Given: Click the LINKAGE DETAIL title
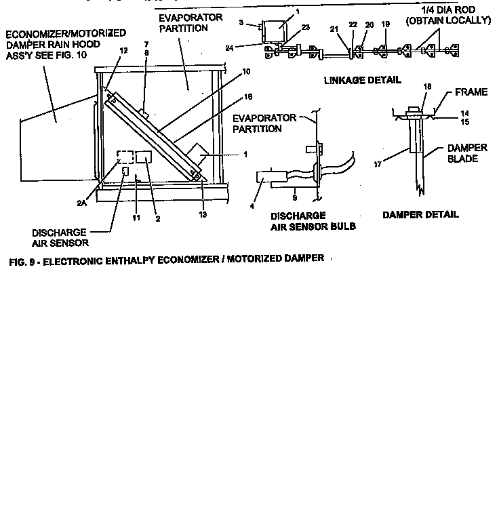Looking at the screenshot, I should (x=363, y=80).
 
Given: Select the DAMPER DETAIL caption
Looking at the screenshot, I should (x=420, y=214).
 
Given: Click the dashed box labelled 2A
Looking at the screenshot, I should (x=124, y=157).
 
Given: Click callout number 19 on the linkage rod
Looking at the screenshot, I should (x=385, y=24).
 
